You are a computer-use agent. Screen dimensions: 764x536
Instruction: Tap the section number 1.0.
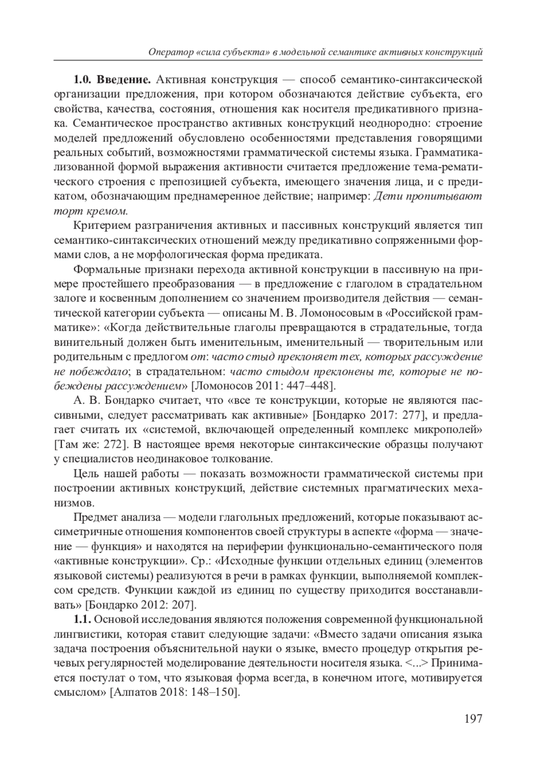(83, 80)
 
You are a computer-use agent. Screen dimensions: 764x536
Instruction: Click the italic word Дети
(387, 196)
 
